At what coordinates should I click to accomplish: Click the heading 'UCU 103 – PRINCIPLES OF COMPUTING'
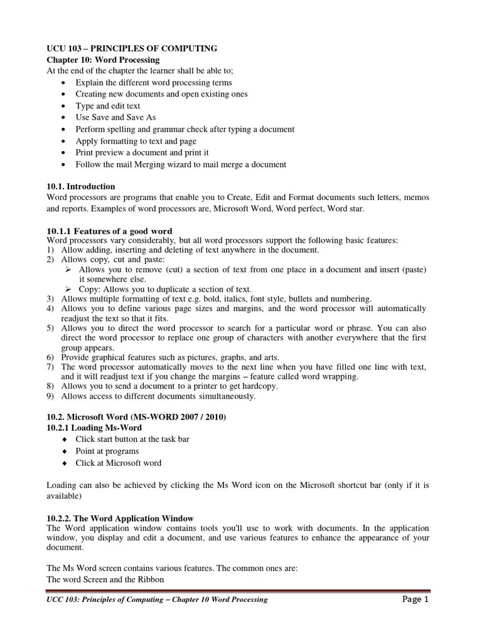point(132,48)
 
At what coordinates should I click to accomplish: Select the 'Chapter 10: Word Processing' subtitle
point(103,60)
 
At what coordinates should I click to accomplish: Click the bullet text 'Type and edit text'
point(108,106)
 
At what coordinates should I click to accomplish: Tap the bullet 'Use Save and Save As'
point(115,117)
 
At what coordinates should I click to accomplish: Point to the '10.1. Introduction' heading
point(82,186)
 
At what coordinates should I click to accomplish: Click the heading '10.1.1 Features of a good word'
point(110,231)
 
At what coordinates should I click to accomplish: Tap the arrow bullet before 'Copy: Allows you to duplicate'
point(70,289)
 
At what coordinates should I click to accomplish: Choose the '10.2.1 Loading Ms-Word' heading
point(95,428)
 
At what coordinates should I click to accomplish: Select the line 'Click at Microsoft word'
point(119,463)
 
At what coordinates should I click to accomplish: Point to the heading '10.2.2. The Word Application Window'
point(120,518)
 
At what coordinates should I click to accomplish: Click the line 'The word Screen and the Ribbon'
point(105,579)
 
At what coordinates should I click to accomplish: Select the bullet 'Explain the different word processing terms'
point(154,83)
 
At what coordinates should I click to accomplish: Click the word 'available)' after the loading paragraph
point(65,495)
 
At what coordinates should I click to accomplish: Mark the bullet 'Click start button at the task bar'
point(132,439)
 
